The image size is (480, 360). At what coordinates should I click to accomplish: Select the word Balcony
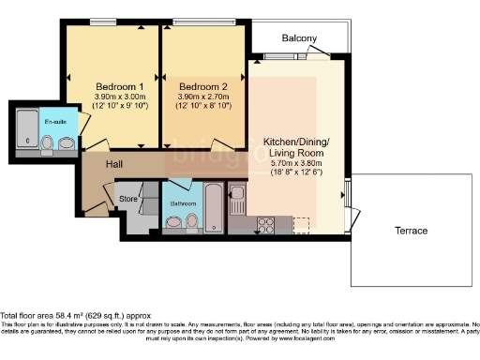click(300, 38)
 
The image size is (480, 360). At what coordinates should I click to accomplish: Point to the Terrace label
click(410, 230)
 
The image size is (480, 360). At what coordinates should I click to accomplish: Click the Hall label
click(113, 165)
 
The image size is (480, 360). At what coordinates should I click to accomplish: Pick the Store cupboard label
click(127, 199)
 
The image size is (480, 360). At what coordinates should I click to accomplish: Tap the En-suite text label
click(54, 123)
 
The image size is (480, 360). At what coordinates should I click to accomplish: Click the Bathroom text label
click(184, 202)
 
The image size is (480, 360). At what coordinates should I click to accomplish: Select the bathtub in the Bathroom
click(213, 208)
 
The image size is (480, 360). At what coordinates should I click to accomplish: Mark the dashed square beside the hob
click(300, 224)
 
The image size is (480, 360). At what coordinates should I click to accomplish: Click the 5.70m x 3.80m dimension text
click(295, 162)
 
